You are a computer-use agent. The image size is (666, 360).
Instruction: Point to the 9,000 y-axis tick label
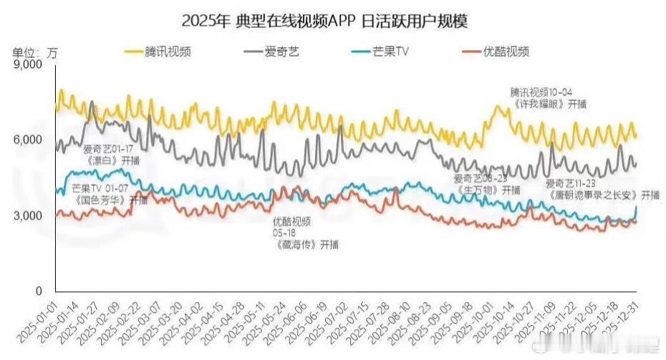coord(29,64)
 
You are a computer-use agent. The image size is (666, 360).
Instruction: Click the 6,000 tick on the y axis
coord(29,140)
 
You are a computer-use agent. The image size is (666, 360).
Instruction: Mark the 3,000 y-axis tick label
coord(29,215)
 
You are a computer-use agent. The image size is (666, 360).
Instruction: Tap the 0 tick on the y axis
coord(40,291)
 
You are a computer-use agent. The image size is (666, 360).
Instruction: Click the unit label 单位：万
coord(36,52)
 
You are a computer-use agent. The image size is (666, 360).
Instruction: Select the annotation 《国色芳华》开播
coord(110,200)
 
